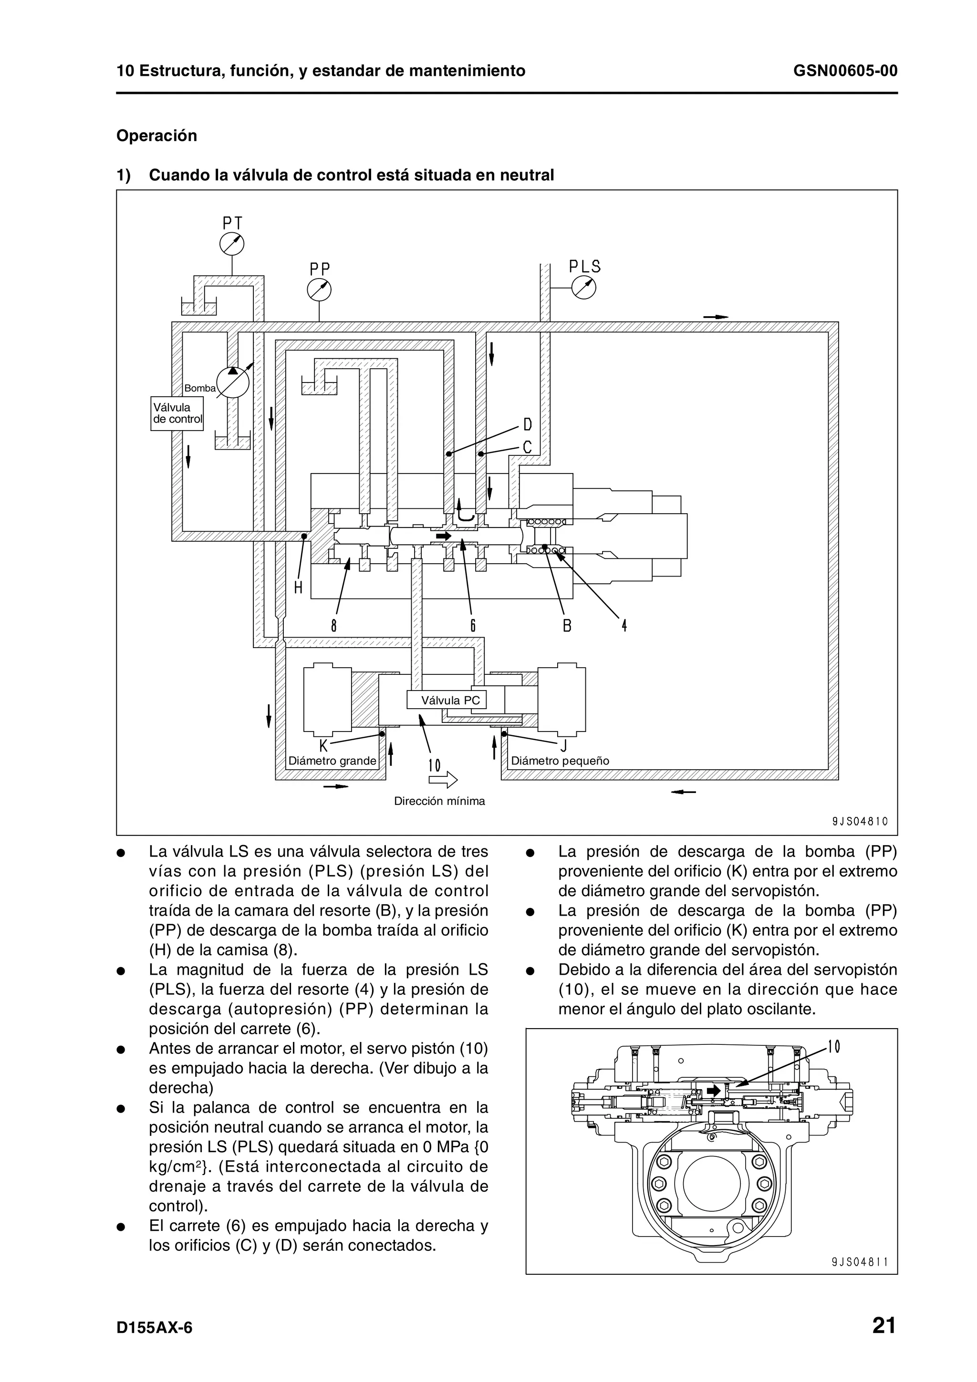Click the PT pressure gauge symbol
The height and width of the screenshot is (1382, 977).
tap(232, 244)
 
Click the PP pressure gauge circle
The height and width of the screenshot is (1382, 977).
tap(319, 289)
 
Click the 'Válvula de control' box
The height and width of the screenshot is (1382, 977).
tap(177, 413)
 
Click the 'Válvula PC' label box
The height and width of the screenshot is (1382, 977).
tap(446, 700)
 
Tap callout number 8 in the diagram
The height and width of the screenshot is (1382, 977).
tap(333, 626)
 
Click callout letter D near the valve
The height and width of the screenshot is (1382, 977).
tap(527, 425)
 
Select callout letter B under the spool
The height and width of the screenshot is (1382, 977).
tap(566, 626)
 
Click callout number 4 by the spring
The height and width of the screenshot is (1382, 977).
tap(624, 626)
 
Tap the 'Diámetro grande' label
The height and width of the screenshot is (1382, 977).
tap(333, 761)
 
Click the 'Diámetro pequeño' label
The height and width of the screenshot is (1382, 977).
tap(560, 761)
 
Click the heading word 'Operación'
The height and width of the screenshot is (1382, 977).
tap(156, 135)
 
